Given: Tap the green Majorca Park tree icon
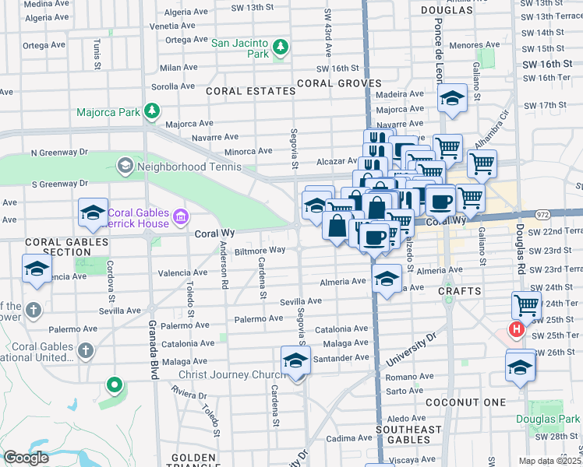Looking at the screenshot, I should click(151, 112).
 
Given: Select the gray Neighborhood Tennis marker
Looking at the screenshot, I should click(125, 166).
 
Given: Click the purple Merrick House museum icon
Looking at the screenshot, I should click(181, 215).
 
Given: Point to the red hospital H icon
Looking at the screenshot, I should click(515, 330).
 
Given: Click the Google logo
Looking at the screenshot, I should click(26, 457).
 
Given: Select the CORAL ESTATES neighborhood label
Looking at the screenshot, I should click(251, 91).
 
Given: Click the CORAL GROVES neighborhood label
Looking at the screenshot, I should click(337, 83).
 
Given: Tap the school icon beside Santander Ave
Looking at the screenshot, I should click(295, 362).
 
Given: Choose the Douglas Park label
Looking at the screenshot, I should click(548, 419).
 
